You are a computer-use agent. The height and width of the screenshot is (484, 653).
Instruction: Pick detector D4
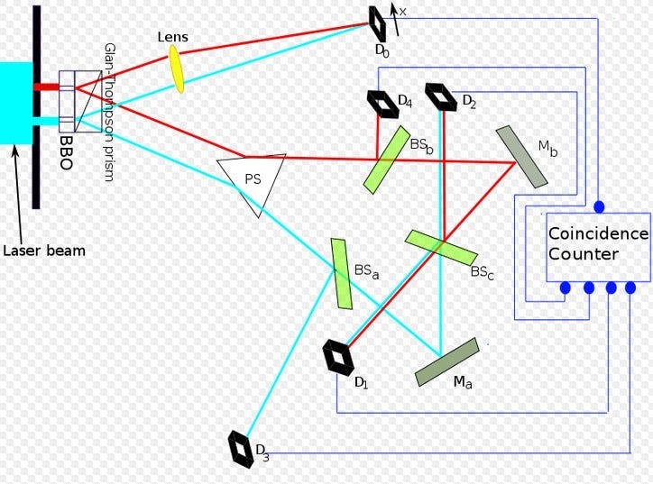(382, 104)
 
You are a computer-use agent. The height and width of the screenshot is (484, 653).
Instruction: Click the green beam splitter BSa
(341, 272)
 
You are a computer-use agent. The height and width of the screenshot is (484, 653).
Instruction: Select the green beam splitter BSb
(387, 160)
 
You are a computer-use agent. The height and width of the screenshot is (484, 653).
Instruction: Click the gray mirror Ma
(447, 361)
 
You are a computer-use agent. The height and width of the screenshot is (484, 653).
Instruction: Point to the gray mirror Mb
(521, 157)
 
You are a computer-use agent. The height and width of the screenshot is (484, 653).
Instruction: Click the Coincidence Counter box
(596, 247)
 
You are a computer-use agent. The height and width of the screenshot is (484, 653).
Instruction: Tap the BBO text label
(68, 142)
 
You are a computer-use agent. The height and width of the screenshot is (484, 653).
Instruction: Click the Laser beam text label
(43, 251)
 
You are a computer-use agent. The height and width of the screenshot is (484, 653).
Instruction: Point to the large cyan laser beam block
(16, 102)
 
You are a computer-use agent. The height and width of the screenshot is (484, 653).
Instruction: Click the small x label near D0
(403, 11)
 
